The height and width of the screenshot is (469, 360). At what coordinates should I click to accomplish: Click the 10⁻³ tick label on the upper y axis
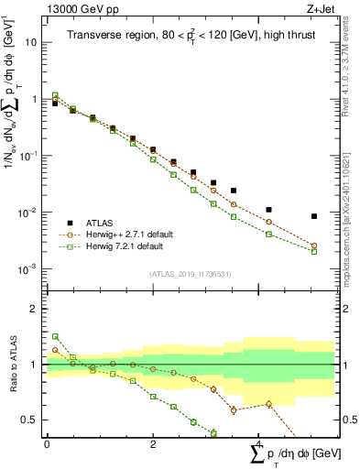click(x=30, y=269)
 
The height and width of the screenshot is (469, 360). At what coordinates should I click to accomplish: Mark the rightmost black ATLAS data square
click(x=314, y=216)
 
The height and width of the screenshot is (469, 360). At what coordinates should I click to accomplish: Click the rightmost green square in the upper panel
click(x=314, y=251)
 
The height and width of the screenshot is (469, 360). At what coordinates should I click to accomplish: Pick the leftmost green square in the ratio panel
click(x=55, y=336)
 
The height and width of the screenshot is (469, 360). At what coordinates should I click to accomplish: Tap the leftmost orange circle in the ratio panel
click(x=55, y=350)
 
